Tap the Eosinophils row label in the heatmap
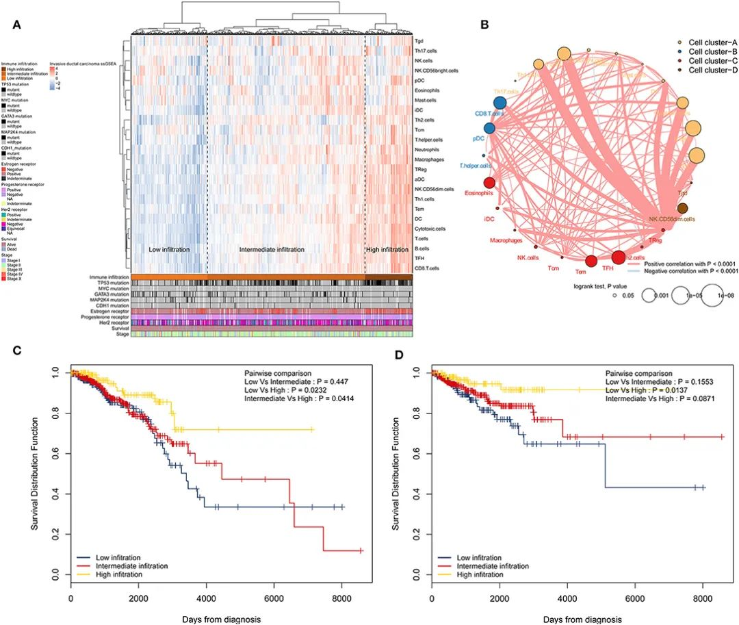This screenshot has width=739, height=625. pyautogui.click(x=428, y=90)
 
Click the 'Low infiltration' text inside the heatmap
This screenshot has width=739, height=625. pyautogui.click(x=169, y=250)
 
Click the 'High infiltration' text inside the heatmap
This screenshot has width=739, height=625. pyautogui.click(x=387, y=250)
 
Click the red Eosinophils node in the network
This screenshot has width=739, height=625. pyautogui.click(x=489, y=183)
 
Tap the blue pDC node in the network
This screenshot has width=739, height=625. pyautogui.click(x=489, y=128)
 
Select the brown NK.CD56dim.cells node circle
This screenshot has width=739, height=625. pyautogui.click(x=682, y=208)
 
